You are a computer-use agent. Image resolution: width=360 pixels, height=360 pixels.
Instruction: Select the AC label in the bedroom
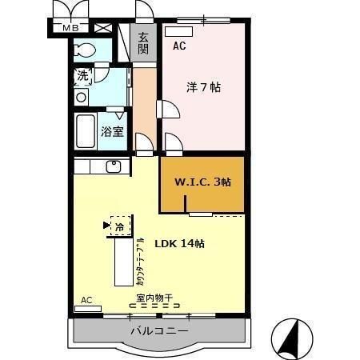click(179, 46)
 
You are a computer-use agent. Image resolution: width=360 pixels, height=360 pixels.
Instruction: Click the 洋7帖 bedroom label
click(204, 88)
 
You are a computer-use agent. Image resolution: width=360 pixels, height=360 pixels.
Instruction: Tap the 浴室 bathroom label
click(112, 131)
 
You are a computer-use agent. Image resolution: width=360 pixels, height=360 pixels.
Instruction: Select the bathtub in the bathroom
click(86, 130)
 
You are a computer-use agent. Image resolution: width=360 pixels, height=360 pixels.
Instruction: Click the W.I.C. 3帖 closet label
click(202, 182)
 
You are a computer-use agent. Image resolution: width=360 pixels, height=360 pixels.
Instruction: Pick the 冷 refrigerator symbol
click(119, 226)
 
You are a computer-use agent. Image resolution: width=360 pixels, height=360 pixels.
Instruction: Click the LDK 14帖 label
click(179, 243)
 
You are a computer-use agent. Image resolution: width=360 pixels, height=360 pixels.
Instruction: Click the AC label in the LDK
click(86, 300)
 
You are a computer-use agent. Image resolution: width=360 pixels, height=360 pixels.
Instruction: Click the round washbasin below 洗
click(81, 97)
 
